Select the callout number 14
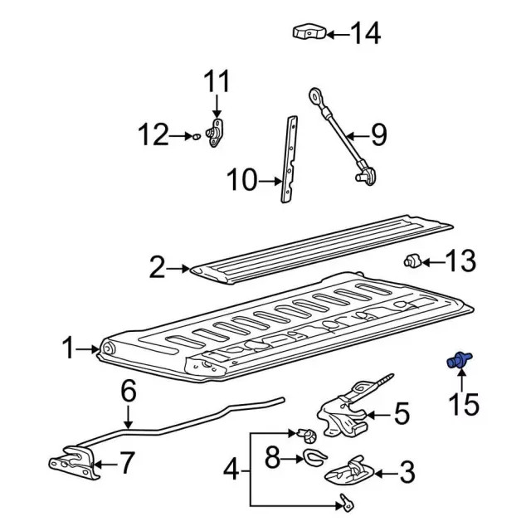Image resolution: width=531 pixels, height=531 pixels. pos(365,33)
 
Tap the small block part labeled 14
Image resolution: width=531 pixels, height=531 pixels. pos(309,32)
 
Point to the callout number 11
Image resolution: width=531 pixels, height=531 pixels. pos(217,81)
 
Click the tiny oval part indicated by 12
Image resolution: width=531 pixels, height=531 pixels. pos(197,137)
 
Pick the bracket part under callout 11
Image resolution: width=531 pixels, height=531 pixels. pos(215,133)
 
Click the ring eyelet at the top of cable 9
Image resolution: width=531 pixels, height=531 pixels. pos(315,96)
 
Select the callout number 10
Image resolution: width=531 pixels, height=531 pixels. pos(242,180)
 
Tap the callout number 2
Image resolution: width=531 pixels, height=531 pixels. pos(157,267)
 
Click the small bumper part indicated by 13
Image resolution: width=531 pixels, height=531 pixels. pos(412,261)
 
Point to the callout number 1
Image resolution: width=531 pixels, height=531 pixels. pos(68,348)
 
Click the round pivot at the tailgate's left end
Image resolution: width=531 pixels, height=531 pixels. pos(109,348)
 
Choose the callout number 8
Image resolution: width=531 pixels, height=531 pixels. pos(273,458)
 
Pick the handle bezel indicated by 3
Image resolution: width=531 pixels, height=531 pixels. pos(349,471)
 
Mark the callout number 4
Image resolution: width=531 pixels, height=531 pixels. pos(231,470)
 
